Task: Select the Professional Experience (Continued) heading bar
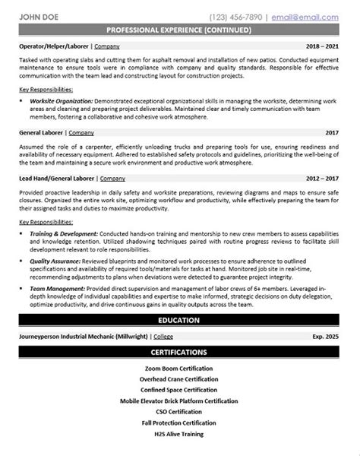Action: tap(180, 30)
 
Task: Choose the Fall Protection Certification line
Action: tap(180, 420)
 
